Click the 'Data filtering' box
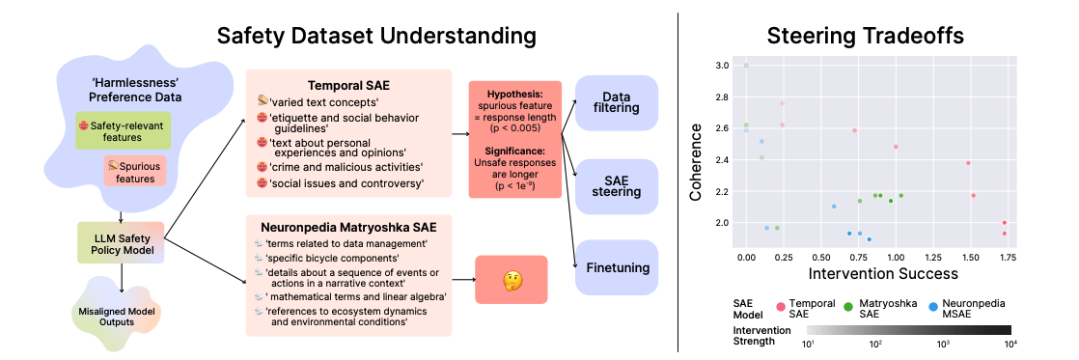coord(617,102)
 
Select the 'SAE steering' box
coord(617,184)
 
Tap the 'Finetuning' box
coord(617,267)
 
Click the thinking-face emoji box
coord(512,280)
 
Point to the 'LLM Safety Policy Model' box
coord(121,243)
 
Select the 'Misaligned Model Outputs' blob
coord(115,314)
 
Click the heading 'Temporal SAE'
coord(349,86)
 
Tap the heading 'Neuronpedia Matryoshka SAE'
coord(348,227)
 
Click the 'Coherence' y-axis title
coord(696,162)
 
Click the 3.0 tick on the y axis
coord(722,66)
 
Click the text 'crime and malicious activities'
coord(346,167)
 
